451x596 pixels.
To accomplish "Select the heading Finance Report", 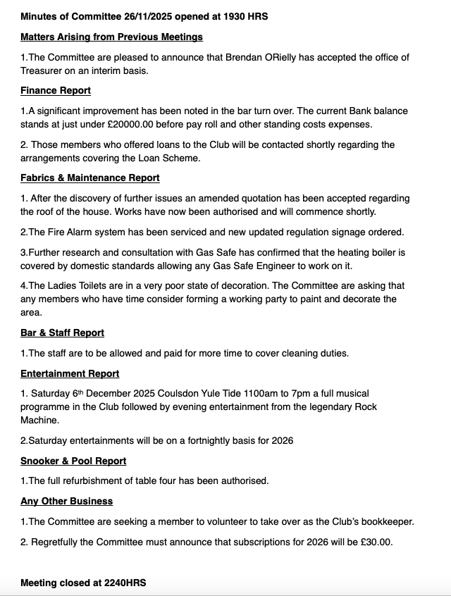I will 56,91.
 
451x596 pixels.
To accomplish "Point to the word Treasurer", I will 44,70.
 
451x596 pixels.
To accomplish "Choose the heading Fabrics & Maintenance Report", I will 90,178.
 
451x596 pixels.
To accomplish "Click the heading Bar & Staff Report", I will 62,333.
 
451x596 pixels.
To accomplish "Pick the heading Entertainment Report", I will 70,374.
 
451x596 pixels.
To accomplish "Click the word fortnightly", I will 201,441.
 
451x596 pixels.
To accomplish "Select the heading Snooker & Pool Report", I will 73,461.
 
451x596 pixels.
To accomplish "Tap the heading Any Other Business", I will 67,502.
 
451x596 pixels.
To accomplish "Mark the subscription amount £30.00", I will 373,542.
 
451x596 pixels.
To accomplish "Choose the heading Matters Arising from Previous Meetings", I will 111,37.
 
